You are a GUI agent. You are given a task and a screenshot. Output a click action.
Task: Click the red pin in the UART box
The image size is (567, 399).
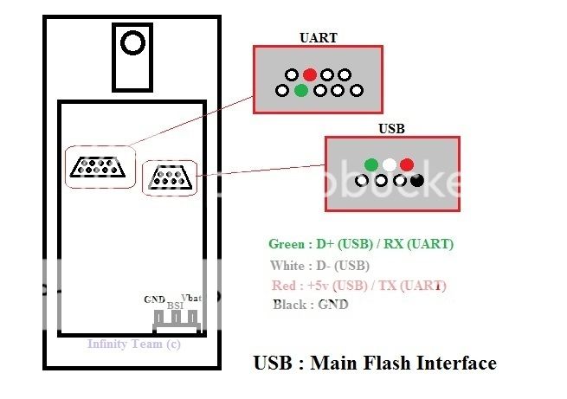coord(310,75)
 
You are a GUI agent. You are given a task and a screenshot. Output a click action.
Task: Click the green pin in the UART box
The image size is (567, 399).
coord(300,90)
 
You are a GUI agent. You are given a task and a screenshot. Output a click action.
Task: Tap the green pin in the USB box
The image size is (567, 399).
coord(371,164)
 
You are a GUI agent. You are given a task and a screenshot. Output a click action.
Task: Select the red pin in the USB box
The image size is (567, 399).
coord(407,164)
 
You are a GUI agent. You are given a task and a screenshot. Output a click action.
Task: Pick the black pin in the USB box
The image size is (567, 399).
coord(417,180)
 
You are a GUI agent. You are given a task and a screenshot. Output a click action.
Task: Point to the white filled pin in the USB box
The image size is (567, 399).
coord(390,164)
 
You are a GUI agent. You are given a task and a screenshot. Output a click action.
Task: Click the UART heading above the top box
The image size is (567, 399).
coord(318,38)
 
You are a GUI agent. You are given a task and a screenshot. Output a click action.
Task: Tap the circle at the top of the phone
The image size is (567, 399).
coord(132,42)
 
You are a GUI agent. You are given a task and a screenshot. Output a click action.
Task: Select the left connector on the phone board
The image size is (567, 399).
coord(101,167)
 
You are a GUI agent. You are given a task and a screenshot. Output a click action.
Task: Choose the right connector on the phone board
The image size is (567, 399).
coord(171,178)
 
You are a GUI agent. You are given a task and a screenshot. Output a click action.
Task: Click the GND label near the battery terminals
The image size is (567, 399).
coord(155,299)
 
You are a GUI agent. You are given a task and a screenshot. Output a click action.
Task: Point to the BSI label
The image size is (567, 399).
coord(175,306)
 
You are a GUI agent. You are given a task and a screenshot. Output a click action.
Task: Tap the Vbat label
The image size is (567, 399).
coord(192,299)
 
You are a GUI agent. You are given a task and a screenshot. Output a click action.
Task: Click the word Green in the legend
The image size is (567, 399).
coord(287,244)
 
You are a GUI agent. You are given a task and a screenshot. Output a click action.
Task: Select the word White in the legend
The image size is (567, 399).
coord(287,265)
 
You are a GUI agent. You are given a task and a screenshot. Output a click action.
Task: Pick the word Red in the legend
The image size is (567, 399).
coord(282,285)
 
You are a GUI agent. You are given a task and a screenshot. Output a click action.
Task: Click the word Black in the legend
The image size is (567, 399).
coord(289,305)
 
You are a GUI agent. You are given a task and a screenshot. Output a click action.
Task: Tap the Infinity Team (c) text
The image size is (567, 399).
coord(134,344)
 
